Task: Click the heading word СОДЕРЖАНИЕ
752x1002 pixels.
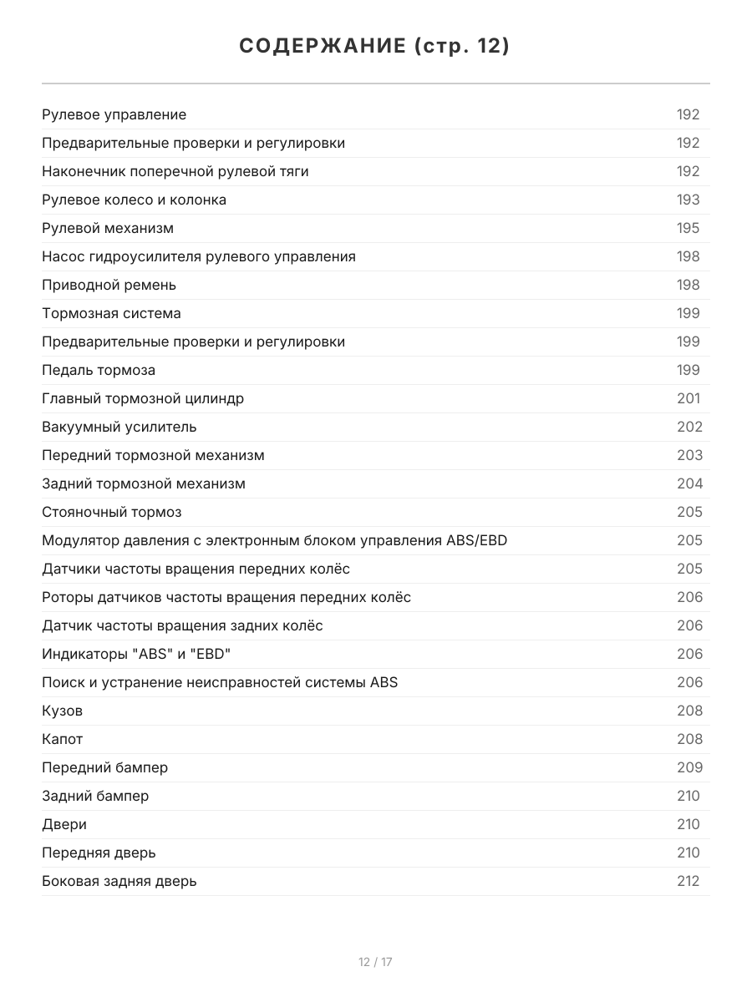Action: coord(322,46)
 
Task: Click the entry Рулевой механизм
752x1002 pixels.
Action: coord(108,228)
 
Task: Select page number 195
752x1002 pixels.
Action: coord(688,228)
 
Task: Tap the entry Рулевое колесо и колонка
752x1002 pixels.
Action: coord(134,200)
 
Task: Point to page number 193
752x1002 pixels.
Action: coord(688,200)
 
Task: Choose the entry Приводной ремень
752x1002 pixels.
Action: coord(109,285)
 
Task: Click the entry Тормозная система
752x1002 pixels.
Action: coord(111,313)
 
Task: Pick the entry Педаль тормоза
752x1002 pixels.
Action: coord(99,370)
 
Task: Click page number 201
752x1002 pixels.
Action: coord(688,398)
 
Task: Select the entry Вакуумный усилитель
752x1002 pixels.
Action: coord(119,427)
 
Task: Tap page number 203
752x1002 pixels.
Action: coord(689,455)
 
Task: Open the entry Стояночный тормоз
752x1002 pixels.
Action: coord(111,512)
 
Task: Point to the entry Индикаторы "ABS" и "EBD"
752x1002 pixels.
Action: coord(136,654)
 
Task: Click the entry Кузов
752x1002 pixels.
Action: coord(62,711)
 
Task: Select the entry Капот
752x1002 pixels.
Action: coord(62,739)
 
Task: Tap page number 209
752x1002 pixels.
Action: coord(689,767)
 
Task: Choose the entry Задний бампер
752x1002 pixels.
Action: coord(95,796)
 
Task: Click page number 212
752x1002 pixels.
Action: coord(688,881)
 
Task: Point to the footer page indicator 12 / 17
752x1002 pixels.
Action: coord(375,962)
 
